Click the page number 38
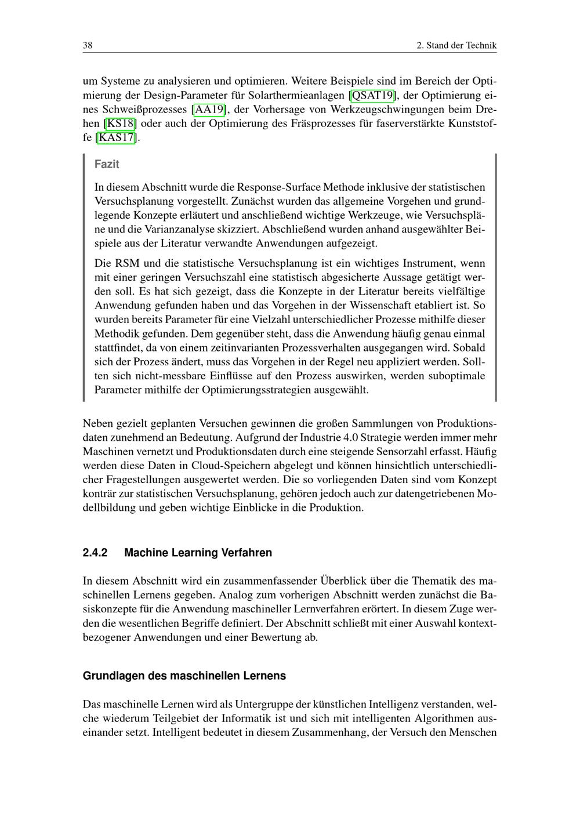coord(88,45)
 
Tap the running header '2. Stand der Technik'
coord(456,45)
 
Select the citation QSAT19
coord(373,95)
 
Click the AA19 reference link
coord(209,109)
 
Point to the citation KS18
coord(120,123)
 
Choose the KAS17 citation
coord(117,137)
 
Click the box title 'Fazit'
coord(107,164)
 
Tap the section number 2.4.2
coord(95,553)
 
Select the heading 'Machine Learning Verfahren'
coord(198,553)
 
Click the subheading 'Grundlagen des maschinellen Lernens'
coord(184,676)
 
